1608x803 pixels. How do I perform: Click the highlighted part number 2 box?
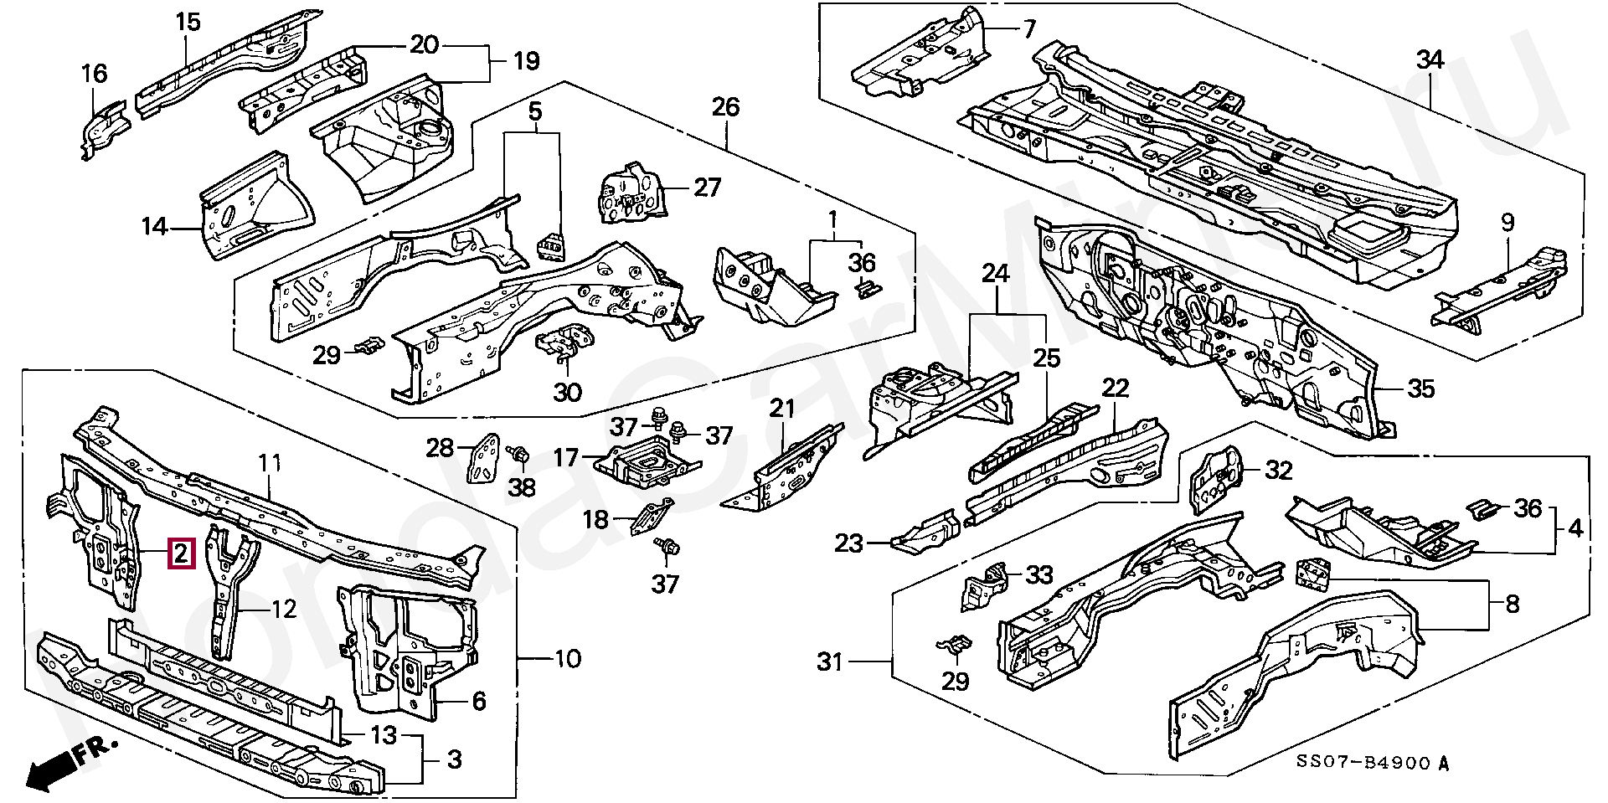click(x=182, y=553)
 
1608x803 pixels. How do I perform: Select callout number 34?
click(x=1430, y=60)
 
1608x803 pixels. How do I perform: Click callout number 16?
click(x=94, y=74)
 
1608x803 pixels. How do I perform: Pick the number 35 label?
click(x=1420, y=389)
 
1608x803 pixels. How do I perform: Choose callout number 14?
click(x=154, y=227)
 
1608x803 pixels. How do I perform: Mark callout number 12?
click(x=285, y=609)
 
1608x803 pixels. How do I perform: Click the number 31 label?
click(x=830, y=662)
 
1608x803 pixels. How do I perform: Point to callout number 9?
click(x=1507, y=222)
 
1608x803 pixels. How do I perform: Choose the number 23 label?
click(x=848, y=544)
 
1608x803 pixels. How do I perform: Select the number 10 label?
click(x=567, y=659)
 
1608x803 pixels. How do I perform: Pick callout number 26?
click(x=725, y=107)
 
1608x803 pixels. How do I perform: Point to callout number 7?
click(x=1028, y=29)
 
